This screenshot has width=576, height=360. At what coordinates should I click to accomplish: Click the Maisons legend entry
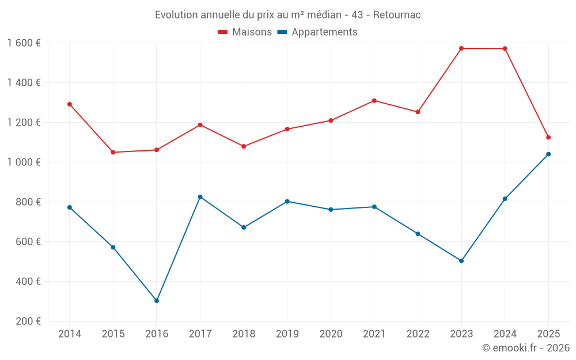coord(245,32)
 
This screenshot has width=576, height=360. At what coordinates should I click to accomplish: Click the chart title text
coord(287,15)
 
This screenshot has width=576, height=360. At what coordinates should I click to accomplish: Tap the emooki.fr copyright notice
coord(525,348)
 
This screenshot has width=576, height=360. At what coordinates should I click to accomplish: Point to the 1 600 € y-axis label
coord(24,43)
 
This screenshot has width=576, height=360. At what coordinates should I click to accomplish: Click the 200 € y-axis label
coord(28,321)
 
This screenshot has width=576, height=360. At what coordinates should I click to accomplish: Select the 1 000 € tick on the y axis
coord(24,162)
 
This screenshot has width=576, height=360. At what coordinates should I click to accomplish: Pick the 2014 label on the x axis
coord(69,334)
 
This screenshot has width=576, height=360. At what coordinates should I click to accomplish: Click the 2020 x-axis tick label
coord(331,334)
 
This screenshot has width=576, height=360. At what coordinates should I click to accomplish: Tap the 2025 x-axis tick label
coord(548,334)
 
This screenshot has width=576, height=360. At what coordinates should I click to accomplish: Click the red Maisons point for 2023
coord(461,48)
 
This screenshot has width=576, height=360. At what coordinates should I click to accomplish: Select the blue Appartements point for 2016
coord(157,301)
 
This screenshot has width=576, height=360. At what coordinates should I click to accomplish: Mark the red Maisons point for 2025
coord(548,138)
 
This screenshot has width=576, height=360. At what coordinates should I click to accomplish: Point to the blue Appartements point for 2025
coord(548,154)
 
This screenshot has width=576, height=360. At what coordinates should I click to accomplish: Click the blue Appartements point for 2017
coord(200,197)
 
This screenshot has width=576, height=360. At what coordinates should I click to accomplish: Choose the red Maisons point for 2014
coord(69,104)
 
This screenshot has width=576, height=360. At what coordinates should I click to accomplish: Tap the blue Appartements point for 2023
coord(461,261)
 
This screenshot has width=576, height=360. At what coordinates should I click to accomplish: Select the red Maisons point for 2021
coord(374,101)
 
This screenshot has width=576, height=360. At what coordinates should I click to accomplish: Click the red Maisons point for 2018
coord(244,146)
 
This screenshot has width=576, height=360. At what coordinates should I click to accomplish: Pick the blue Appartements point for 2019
coord(287,202)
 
